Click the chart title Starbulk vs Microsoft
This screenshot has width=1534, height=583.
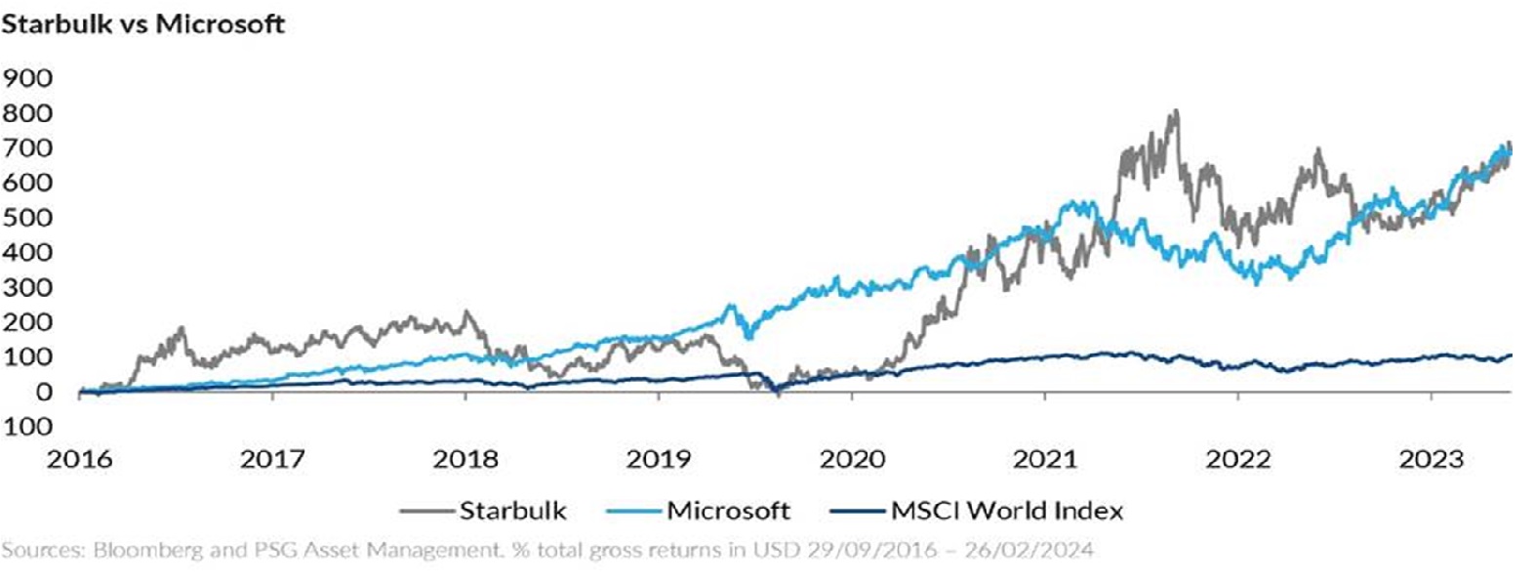pyautogui.click(x=142, y=24)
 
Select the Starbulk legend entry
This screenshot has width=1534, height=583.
pyautogui.click(x=512, y=511)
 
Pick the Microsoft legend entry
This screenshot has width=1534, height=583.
pyautogui.click(x=728, y=511)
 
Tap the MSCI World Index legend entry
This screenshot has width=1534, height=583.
pyautogui.click(x=1007, y=511)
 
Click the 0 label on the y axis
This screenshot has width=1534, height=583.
pyautogui.click(x=43, y=392)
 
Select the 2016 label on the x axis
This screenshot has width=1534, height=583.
pyautogui.click(x=79, y=459)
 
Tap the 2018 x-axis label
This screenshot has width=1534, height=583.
pyautogui.click(x=465, y=459)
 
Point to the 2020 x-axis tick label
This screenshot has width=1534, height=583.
pyautogui.click(x=852, y=459)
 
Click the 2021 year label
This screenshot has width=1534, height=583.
pyautogui.click(x=1045, y=459)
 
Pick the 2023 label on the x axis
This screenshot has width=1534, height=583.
pyautogui.click(x=1432, y=459)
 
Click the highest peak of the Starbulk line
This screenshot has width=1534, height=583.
pyautogui.click(x=1176, y=111)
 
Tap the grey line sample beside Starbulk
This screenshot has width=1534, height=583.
pyautogui.click(x=426, y=511)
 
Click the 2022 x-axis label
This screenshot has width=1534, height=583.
pyautogui.click(x=1238, y=459)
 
